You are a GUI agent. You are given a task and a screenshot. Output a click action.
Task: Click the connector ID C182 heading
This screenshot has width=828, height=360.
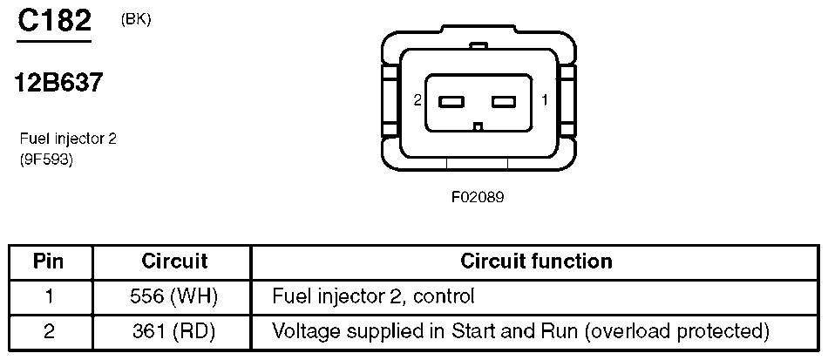pyautogui.click(x=54, y=22)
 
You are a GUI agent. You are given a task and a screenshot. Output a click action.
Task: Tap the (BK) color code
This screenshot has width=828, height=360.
pyautogui.click(x=136, y=20)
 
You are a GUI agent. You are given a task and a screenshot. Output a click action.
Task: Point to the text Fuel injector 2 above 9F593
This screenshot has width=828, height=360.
pyautogui.click(x=68, y=139)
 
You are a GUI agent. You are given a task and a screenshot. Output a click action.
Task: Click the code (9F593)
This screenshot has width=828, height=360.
pyautogui.click(x=46, y=159)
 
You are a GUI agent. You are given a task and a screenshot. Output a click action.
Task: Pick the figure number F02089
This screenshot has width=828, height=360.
pyautogui.click(x=478, y=197)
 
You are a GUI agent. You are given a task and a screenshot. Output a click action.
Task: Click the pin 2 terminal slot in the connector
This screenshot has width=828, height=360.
pyautogui.click(x=451, y=101)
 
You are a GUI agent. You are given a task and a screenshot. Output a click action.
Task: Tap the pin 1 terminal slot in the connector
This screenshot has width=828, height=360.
pyautogui.click(x=504, y=101)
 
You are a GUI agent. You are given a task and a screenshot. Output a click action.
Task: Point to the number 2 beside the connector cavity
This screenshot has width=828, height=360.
pyautogui.click(x=417, y=100)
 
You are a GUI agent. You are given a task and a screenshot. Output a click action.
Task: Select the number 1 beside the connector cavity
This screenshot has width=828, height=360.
pyautogui.click(x=545, y=100)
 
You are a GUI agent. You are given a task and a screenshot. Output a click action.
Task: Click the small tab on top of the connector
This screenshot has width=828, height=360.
pyautogui.click(x=478, y=46)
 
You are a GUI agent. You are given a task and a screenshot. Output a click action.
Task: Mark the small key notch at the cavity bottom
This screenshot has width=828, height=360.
pyautogui.click(x=478, y=126)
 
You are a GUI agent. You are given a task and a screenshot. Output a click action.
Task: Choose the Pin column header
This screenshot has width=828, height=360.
pyautogui.click(x=49, y=262)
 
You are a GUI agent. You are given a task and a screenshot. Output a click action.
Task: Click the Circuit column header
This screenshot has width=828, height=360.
pyautogui.click(x=174, y=262)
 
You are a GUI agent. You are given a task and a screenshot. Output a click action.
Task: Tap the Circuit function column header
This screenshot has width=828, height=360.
pyautogui.click(x=536, y=262)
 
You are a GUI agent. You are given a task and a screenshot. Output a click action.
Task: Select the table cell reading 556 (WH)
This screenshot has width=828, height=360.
pyautogui.click(x=173, y=296)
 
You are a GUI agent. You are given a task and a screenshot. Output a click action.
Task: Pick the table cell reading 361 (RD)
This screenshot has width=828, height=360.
pyautogui.click(x=173, y=331)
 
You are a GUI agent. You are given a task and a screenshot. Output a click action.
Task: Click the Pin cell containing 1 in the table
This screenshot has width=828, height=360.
pyautogui.click(x=49, y=296)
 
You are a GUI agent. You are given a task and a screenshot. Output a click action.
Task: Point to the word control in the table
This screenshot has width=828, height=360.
pyautogui.click(x=445, y=296)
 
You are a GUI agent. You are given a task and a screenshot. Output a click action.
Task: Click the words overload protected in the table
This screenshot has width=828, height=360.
pyautogui.click(x=676, y=331)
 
